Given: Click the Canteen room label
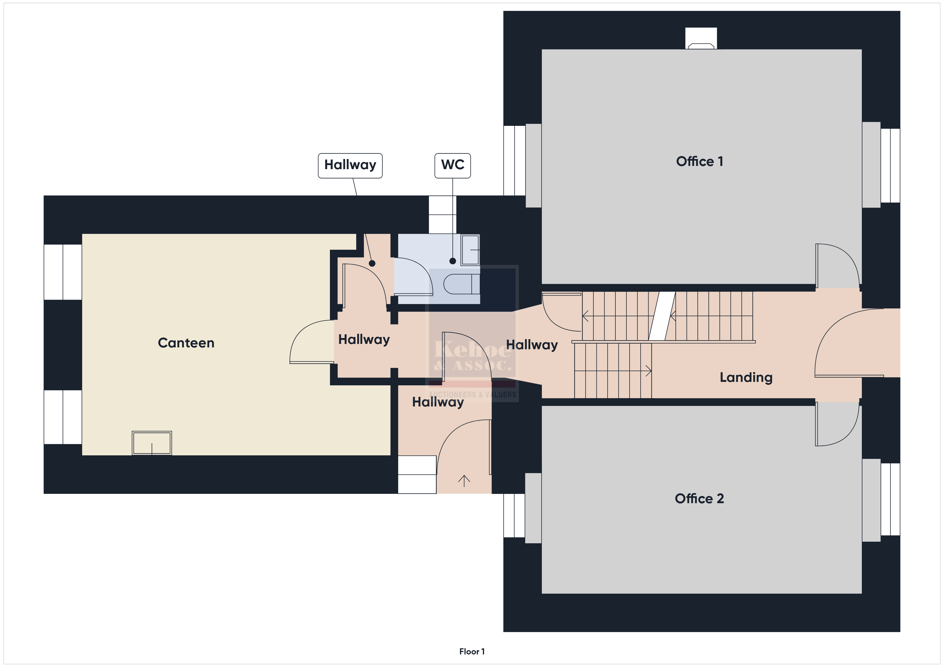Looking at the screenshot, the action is tap(186, 343).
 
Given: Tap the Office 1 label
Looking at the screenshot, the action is tap(699, 161).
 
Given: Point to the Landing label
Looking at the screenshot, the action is tap(746, 377).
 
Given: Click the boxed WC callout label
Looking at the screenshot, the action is tap(453, 165).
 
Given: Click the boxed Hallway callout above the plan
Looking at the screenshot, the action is tap(350, 165).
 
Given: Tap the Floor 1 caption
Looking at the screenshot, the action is tap(472, 652).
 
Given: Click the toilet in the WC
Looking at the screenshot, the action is tap(461, 284).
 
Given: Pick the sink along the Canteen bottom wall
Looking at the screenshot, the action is tap(152, 443).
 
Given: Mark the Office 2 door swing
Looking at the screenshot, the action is tap(837, 424).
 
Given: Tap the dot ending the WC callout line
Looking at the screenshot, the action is tap(453, 261).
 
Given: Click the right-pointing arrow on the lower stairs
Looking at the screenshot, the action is tap(613, 371).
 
